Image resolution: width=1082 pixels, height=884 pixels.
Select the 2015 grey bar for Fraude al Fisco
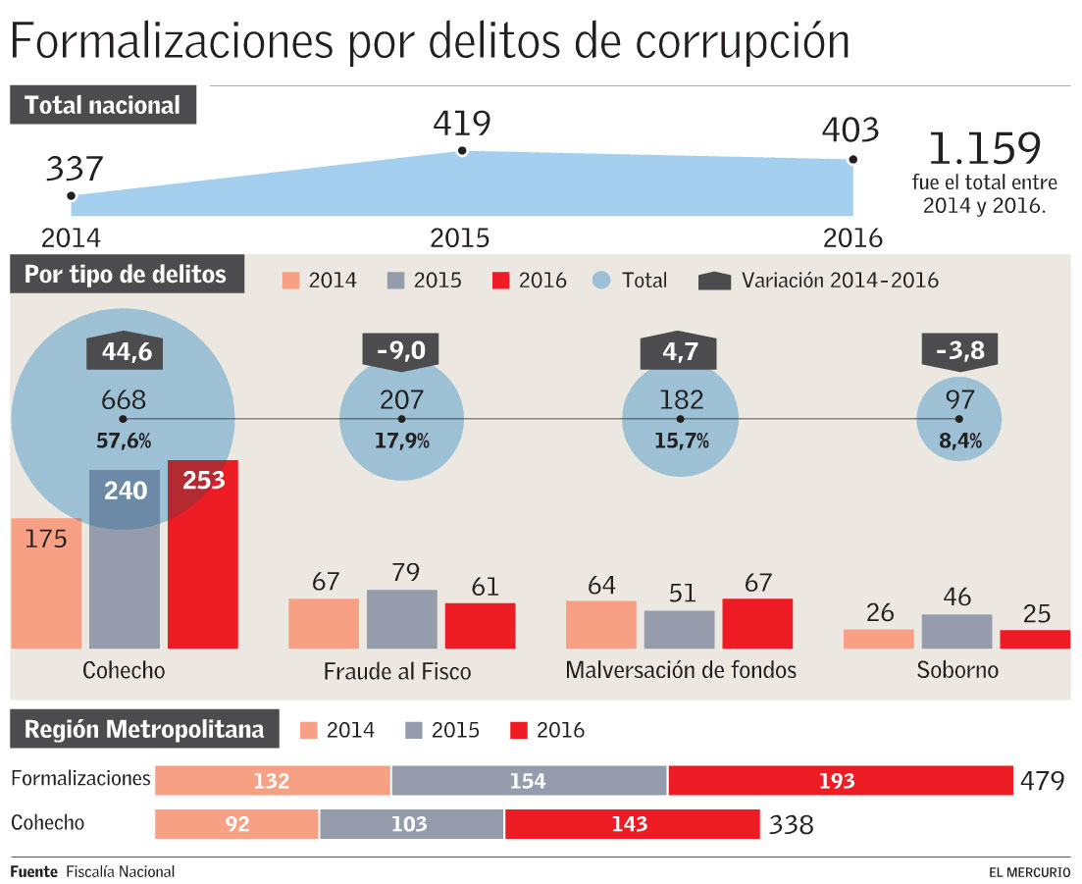point(402,619)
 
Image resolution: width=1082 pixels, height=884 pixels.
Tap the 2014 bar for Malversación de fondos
point(601,624)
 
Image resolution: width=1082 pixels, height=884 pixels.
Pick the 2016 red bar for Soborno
point(1035,639)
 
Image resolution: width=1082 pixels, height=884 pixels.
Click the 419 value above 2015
point(461,124)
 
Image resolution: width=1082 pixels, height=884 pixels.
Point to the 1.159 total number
point(984,148)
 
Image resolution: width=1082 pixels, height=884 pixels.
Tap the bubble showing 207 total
point(401,418)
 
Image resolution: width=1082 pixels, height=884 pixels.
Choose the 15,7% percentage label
point(682,441)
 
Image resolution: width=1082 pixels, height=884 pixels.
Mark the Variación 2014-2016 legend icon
point(715,281)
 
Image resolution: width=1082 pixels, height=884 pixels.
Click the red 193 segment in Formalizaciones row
point(840,781)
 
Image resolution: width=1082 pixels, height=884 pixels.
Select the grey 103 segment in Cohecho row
point(411,824)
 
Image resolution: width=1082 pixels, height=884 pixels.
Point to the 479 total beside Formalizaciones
point(1042,781)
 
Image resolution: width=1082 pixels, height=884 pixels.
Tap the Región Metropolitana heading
point(144,730)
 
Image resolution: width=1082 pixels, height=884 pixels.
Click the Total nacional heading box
point(103,105)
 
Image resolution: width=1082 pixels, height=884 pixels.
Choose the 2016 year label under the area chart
point(852,238)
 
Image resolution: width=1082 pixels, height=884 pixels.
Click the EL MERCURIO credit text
point(1029,871)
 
